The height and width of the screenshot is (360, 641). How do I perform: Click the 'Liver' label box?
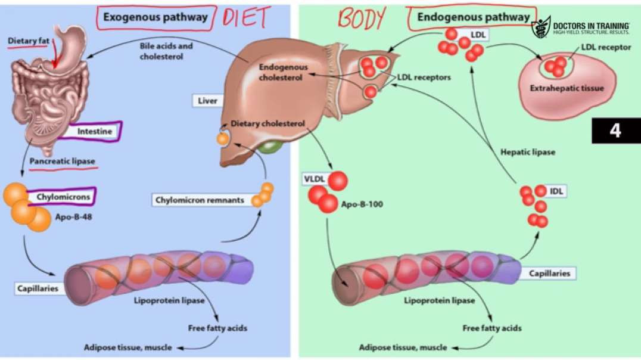coord(208,101)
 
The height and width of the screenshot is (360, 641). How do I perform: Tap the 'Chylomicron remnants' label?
coord(200,200)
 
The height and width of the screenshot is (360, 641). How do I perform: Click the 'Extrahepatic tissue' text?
coord(567,88)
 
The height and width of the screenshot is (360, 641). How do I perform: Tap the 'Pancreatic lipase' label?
coord(63,162)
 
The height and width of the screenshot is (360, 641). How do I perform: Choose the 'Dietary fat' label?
coord(27,41)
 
